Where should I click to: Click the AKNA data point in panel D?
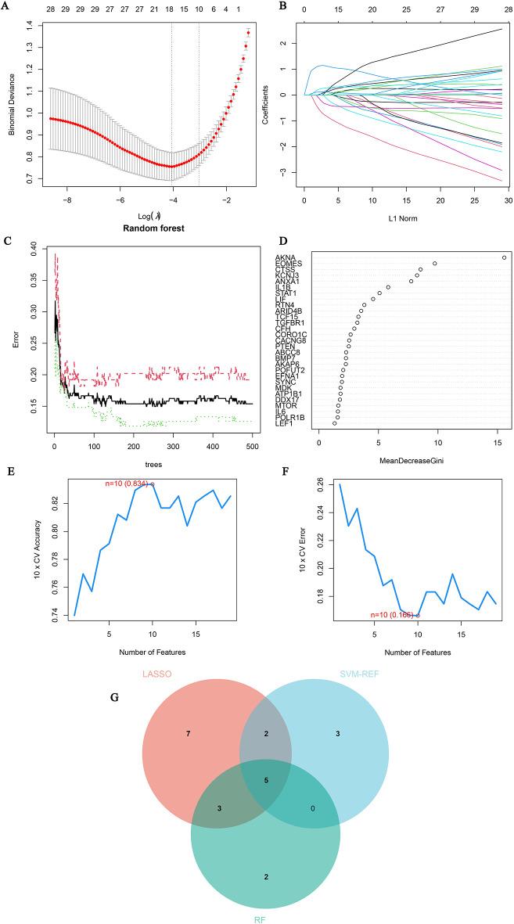[x=504, y=257]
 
